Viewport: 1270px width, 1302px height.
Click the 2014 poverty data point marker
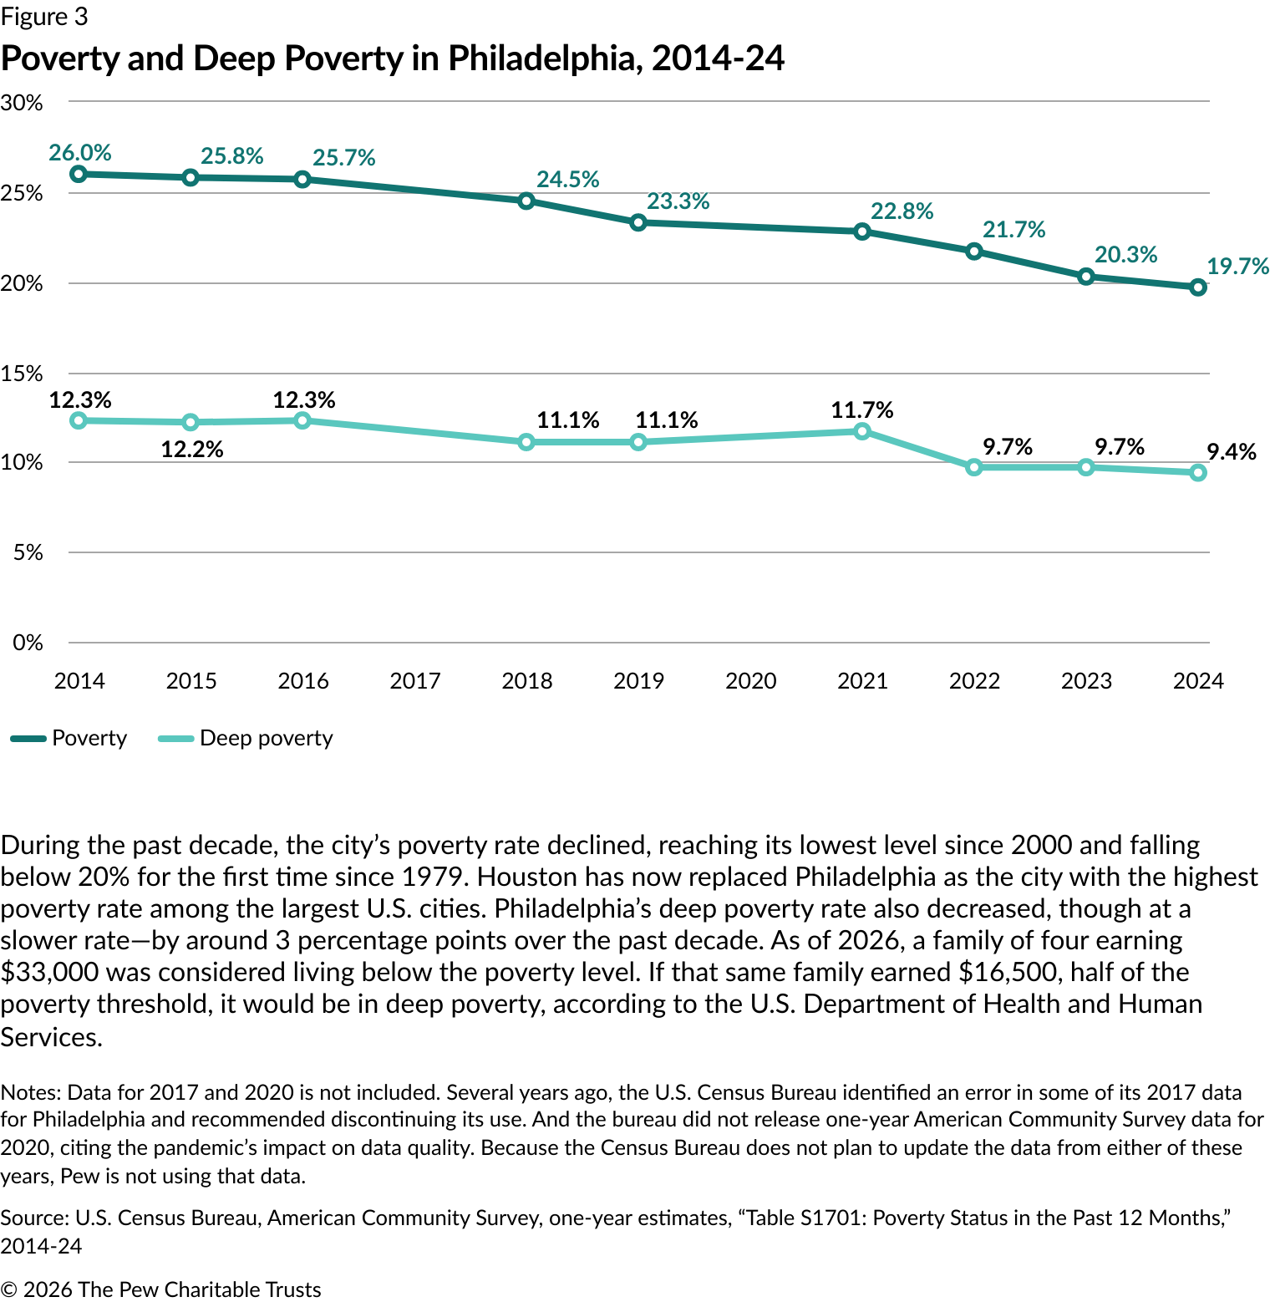(x=79, y=174)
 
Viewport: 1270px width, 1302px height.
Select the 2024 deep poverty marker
(x=1198, y=473)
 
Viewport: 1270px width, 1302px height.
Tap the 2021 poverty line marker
(x=862, y=231)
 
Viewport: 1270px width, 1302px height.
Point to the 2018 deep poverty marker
(x=526, y=442)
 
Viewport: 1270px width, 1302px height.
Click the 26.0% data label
(x=80, y=153)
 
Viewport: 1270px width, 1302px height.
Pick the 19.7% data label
(x=1237, y=267)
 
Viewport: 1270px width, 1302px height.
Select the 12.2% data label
(x=192, y=450)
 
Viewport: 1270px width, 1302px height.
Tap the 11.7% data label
(x=862, y=410)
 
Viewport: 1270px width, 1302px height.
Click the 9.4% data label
(x=1231, y=452)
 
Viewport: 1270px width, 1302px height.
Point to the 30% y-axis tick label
(x=22, y=103)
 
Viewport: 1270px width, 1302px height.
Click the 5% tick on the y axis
(x=28, y=552)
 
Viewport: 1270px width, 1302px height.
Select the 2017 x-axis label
(x=414, y=681)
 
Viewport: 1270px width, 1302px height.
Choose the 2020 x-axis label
(x=750, y=681)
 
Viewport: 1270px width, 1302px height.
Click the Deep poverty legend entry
(x=266, y=739)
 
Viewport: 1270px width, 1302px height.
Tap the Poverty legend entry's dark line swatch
(x=28, y=739)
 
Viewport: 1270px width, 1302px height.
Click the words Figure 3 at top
(x=44, y=17)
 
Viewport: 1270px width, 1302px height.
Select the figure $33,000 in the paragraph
(x=50, y=973)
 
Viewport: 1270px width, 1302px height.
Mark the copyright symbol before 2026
(x=8, y=1289)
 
